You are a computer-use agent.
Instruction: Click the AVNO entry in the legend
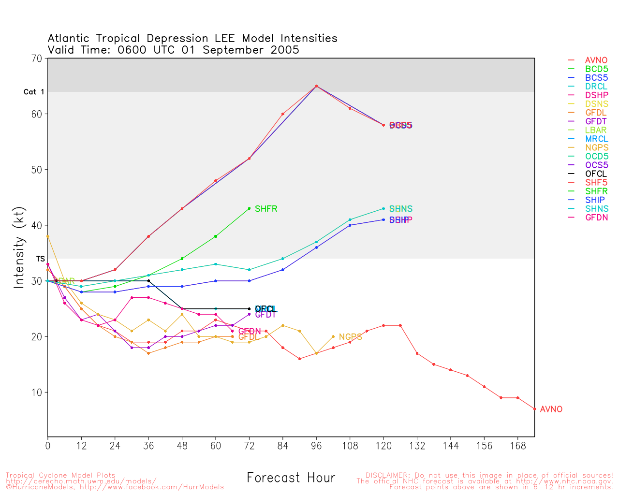(x=596, y=60)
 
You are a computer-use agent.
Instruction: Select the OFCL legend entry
(x=596, y=174)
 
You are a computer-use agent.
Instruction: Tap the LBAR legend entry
(x=596, y=130)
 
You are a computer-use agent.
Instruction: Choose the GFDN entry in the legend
(x=596, y=218)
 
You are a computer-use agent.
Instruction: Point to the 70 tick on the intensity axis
(x=37, y=58)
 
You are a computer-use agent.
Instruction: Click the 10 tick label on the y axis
(x=37, y=393)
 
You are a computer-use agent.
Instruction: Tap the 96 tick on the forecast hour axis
(x=316, y=446)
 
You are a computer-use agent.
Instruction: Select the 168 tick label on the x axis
(x=517, y=446)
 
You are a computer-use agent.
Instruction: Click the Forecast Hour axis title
(x=291, y=478)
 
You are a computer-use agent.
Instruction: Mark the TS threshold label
(x=40, y=259)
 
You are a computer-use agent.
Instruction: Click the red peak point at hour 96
(x=316, y=86)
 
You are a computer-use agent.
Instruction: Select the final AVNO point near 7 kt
(x=534, y=409)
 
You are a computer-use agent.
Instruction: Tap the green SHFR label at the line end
(x=266, y=209)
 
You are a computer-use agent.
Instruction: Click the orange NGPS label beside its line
(x=350, y=337)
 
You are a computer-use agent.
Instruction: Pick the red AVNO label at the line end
(x=551, y=409)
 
